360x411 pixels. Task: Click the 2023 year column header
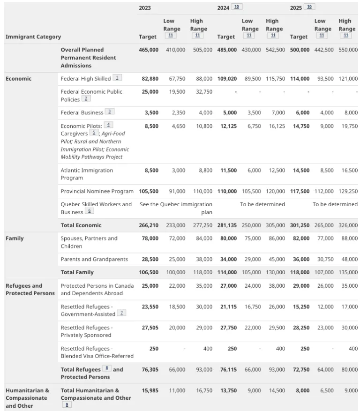(x=145, y=7)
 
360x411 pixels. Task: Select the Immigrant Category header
(x=33, y=37)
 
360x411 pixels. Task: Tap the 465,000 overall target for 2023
(x=149, y=50)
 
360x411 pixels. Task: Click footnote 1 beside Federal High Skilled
(x=117, y=78)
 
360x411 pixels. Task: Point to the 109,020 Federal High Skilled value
(x=228, y=79)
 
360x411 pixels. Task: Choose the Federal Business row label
(x=82, y=112)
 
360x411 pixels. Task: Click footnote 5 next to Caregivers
(x=94, y=133)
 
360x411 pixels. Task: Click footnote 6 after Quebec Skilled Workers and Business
(x=89, y=211)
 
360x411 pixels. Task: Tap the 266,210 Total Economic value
(x=149, y=225)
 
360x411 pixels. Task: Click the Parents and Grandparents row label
(x=94, y=259)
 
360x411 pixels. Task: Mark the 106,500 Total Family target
(x=149, y=272)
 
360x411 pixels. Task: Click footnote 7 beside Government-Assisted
(x=121, y=313)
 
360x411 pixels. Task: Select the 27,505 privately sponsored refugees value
(x=150, y=328)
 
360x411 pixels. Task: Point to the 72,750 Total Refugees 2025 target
(x=300, y=370)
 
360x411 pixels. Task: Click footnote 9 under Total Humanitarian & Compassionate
(x=67, y=404)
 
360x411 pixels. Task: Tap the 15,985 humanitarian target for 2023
(x=150, y=390)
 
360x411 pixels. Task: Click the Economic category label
(x=19, y=79)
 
